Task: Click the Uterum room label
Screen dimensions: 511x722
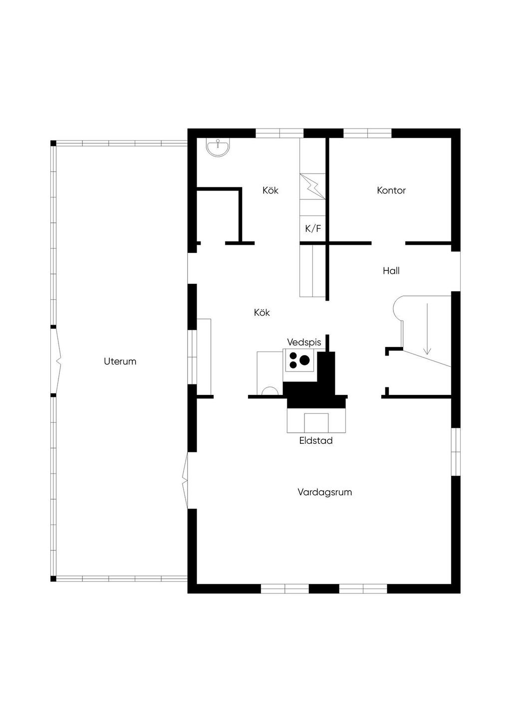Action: (x=120, y=361)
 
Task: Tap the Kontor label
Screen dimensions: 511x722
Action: (x=391, y=190)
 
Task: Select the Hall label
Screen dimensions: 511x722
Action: (x=391, y=270)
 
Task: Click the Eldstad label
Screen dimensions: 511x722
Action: (x=316, y=440)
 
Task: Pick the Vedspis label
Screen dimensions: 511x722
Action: (x=304, y=343)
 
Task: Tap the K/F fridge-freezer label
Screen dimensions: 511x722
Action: (x=313, y=228)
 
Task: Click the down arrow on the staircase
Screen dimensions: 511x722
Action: (x=428, y=329)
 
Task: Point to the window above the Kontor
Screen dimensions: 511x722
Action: (x=367, y=134)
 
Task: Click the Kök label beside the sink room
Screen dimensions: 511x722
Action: (x=270, y=190)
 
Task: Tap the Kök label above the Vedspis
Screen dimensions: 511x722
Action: (x=262, y=312)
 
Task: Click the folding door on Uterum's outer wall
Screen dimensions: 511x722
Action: (x=56, y=361)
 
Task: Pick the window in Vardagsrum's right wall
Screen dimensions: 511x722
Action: (x=456, y=452)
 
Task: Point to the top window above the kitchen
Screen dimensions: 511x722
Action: (x=279, y=134)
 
